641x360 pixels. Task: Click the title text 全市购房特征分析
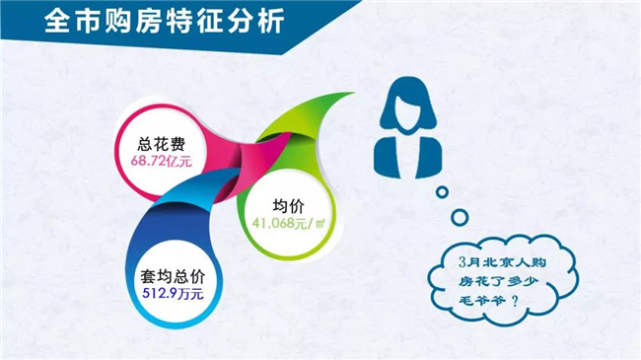(x=165, y=21)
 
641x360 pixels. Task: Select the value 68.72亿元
(x=162, y=161)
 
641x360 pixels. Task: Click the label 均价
(x=289, y=206)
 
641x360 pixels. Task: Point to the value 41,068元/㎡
(x=289, y=223)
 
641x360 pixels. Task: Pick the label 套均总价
(x=173, y=276)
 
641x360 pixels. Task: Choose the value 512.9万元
(x=173, y=293)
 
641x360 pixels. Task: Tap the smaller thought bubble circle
(x=442, y=192)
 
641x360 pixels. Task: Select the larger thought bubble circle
(x=460, y=217)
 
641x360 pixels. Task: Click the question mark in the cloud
(x=515, y=302)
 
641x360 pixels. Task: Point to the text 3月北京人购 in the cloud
(x=502, y=261)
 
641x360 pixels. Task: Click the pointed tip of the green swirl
(x=353, y=94)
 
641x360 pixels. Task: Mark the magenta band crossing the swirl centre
(x=256, y=160)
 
